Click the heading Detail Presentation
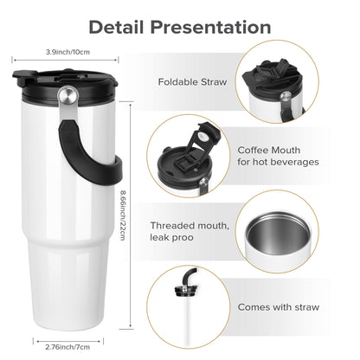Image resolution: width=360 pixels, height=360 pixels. point(180,26)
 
